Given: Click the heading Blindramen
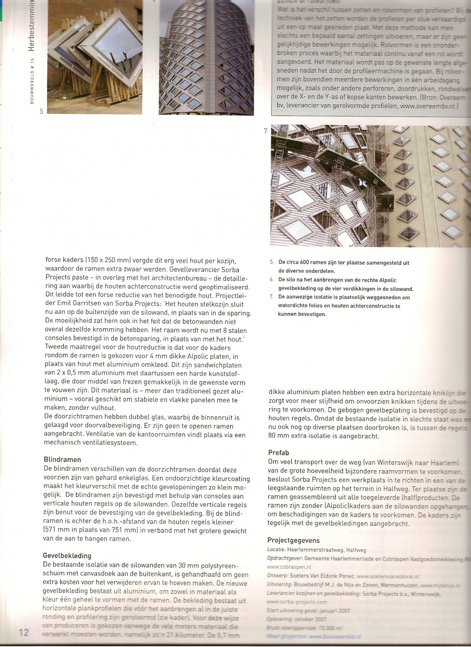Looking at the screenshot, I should [62, 460].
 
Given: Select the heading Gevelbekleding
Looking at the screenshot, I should [67, 556].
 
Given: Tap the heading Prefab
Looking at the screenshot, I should [279, 453].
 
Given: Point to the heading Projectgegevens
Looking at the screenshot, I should [294, 540].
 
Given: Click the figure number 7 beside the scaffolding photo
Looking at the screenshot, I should [266, 131].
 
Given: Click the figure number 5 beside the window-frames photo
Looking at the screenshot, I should [42, 111].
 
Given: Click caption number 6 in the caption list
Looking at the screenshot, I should [271, 280].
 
